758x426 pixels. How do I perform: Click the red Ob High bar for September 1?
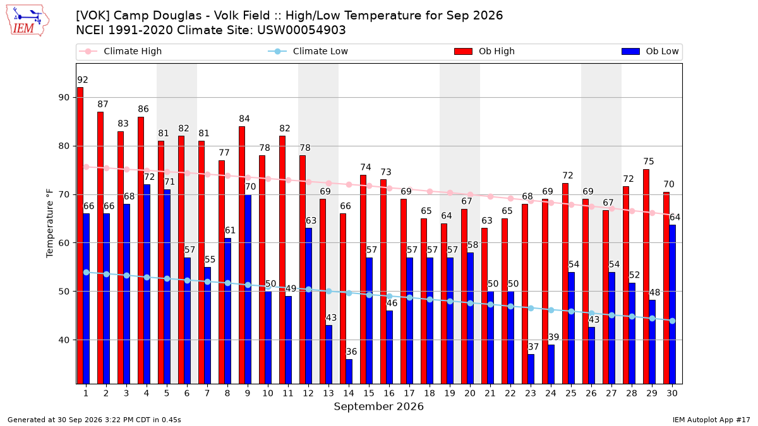[x=80, y=235]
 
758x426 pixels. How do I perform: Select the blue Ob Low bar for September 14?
[x=349, y=372]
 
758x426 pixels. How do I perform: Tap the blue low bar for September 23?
[x=531, y=369]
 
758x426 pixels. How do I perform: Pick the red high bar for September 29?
[x=646, y=276]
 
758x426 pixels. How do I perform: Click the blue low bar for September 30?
[x=672, y=304]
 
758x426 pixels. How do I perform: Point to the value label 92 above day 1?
[x=83, y=80]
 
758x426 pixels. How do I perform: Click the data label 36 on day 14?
[x=351, y=352]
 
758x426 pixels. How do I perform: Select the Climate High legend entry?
[x=120, y=51]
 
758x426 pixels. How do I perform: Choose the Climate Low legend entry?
[x=308, y=51]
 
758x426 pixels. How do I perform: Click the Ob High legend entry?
[x=484, y=51]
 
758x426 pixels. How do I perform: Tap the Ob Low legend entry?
[x=650, y=51]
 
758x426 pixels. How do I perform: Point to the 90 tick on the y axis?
[x=64, y=98]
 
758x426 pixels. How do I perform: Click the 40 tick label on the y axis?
[x=64, y=340]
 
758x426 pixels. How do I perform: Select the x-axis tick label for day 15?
[x=369, y=394]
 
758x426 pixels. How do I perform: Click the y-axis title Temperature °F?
[x=50, y=223]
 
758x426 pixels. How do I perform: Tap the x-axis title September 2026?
[x=378, y=406]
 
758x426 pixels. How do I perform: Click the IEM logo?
[x=27, y=21]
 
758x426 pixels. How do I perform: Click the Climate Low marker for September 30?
[x=672, y=321]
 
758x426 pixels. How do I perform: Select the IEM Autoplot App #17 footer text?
[x=711, y=420]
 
